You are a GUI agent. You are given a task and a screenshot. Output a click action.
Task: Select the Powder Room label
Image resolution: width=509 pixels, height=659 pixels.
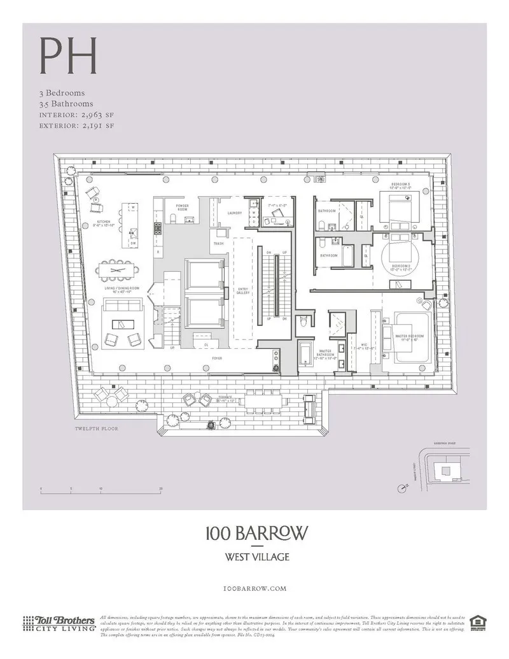coord(183,208)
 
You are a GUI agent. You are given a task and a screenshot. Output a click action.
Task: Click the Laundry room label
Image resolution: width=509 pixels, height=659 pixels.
coord(235,213)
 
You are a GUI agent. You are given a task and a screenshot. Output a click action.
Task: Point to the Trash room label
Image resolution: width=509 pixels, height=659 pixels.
coord(218,243)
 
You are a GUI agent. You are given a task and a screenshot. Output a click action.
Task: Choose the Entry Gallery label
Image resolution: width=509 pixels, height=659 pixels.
coord(244,290)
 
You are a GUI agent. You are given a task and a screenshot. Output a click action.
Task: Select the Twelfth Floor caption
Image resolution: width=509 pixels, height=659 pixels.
coord(96,429)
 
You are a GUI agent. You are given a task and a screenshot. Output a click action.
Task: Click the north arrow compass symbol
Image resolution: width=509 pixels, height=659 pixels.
coord(401,488)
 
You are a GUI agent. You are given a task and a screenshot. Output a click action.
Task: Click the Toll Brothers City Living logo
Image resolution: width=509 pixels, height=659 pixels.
coord(59,623)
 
